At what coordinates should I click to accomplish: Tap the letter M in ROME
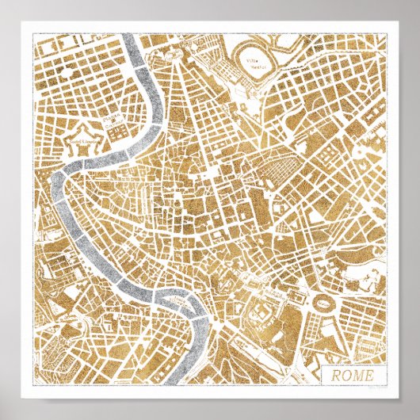tap(356, 375)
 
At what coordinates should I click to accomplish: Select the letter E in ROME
tap(367, 375)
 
